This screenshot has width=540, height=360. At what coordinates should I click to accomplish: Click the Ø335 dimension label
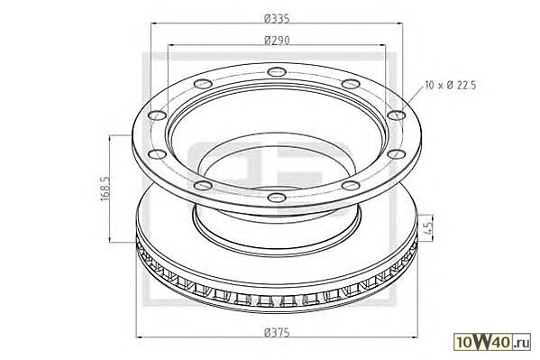point(277,18)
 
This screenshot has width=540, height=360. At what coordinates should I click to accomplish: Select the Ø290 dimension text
point(277,41)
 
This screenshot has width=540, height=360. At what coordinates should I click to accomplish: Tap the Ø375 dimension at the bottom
point(277,333)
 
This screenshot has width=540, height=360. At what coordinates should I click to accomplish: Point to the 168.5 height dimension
point(105,189)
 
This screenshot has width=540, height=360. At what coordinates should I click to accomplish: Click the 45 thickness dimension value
point(427,228)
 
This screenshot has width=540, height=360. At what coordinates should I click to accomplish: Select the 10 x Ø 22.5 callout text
point(451,85)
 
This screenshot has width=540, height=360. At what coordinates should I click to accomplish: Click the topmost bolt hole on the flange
point(277,72)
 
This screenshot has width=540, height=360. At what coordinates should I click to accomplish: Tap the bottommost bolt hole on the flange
point(277,198)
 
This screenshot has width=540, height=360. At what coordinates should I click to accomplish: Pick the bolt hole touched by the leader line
point(397,115)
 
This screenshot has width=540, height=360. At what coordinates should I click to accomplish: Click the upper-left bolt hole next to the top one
point(203,84)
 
